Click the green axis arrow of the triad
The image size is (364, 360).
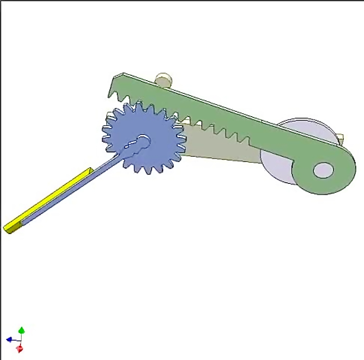pyautogui.click(x=21, y=330)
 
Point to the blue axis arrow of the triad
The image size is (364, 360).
pyautogui.click(x=9, y=340)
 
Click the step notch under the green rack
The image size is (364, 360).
pyautogui.click(x=250, y=143)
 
